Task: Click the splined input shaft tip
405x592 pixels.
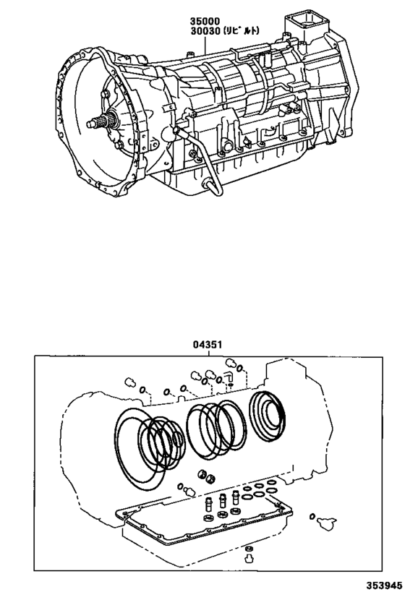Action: tap(92, 124)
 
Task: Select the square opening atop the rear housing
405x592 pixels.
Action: tap(302, 20)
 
